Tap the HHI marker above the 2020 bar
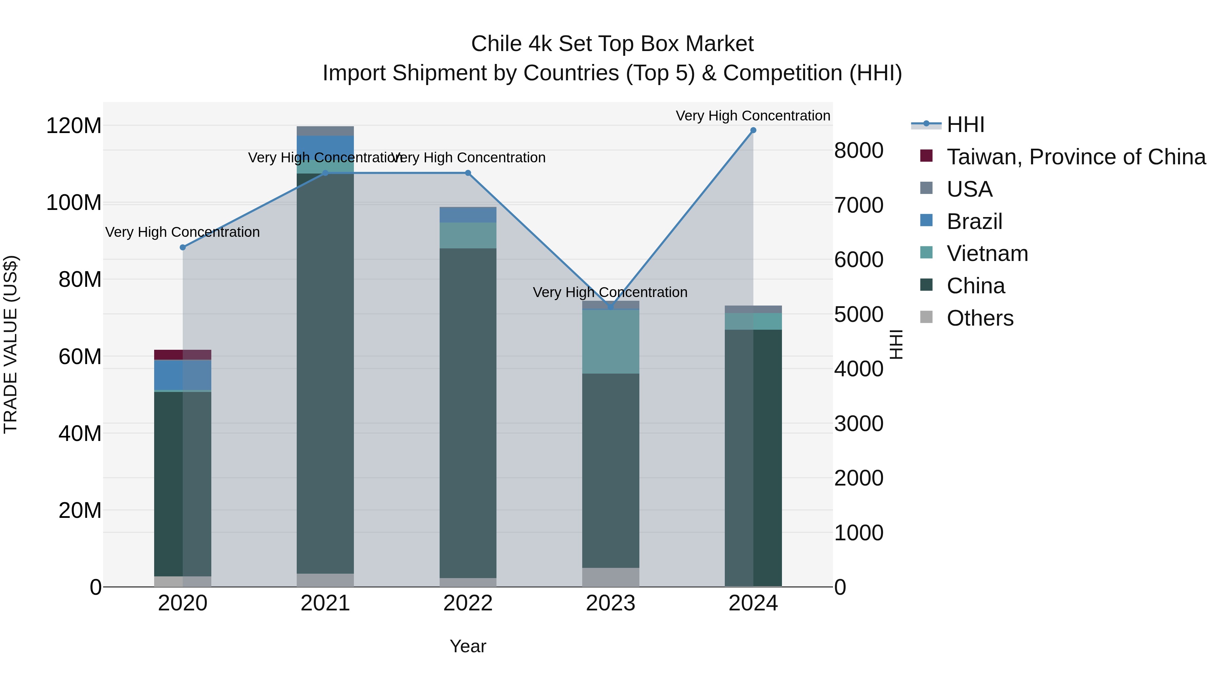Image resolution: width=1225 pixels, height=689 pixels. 183,247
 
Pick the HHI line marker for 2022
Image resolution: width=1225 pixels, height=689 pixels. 468,173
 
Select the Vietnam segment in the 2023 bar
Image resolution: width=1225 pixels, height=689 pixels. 610,341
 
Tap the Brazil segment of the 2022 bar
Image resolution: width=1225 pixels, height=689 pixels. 468,215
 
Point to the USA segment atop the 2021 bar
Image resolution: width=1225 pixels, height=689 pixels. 325,131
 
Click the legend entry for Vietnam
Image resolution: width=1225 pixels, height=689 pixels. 987,253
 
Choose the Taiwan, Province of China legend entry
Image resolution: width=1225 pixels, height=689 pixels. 1076,157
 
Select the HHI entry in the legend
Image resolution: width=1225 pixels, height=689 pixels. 965,125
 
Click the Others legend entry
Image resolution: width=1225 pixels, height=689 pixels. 980,318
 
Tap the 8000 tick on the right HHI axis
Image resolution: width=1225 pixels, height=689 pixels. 859,150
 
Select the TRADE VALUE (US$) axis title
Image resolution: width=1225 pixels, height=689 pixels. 11,344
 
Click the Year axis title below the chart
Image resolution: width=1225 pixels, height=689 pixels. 468,646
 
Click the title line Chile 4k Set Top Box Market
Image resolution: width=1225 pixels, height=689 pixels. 612,44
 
